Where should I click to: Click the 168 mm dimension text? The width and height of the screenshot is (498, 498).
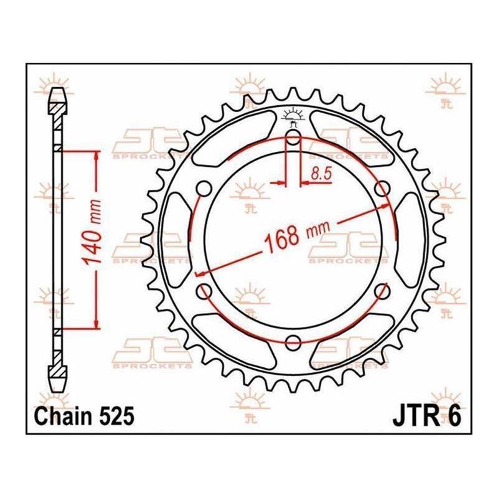click(297, 235)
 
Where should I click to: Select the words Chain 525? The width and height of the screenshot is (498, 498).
click(84, 416)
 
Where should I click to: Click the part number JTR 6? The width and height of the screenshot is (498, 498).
click(426, 416)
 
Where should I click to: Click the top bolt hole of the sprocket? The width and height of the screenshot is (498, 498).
click(293, 138)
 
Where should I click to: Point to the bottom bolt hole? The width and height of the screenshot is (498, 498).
click(293, 342)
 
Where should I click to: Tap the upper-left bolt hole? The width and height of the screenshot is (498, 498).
click(204, 189)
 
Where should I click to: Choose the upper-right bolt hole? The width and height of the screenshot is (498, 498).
click(382, 189)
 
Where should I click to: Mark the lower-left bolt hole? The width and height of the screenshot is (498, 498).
click(204, 291)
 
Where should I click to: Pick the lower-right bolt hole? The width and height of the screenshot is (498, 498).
click(382, 291)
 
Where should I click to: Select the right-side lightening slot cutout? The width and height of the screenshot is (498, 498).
click(410, 240)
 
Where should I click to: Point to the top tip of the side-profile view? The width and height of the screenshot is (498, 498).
click(57, 88)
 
